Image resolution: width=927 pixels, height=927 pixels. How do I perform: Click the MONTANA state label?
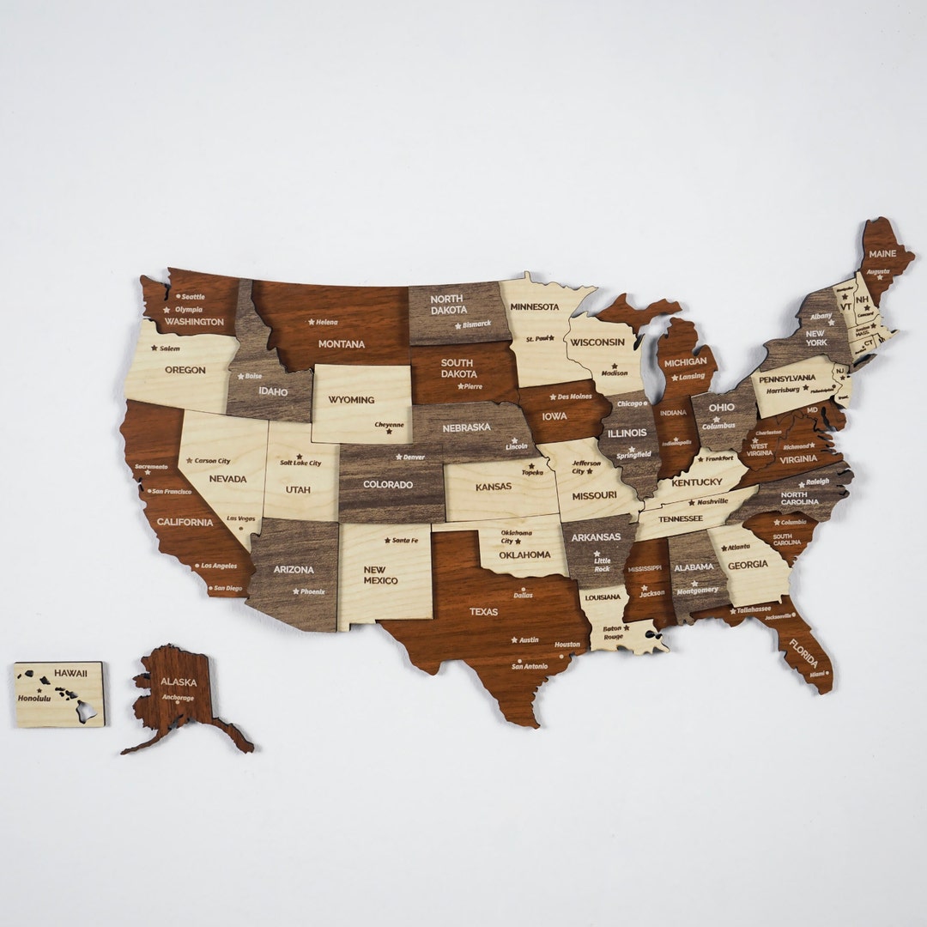[x=341, y=344]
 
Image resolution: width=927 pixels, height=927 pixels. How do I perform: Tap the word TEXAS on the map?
[x=483, y=612]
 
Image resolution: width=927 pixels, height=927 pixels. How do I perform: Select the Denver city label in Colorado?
[x=414, y=457]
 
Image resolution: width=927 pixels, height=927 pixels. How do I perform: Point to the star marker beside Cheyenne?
[x=388, y=432]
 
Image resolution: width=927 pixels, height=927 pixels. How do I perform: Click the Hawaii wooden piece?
[x=58, y=694]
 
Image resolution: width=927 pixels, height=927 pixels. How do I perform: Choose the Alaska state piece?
[x=180, y=695]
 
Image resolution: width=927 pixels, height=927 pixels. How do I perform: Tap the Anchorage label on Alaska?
[x=178, y=698]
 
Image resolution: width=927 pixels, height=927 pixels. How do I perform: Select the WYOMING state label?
[x=352, y=400]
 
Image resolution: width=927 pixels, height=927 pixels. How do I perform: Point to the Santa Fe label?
[x=405, y=540]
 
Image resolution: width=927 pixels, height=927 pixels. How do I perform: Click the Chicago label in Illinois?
[x=629, y=403]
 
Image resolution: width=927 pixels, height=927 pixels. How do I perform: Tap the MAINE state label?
[x=882, y=254]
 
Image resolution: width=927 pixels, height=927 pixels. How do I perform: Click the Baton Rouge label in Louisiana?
[x=613, y=632]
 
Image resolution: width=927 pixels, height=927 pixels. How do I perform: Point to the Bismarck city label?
[x=476, y=324]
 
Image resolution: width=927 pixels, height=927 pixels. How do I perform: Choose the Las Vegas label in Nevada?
[x=241, y=518]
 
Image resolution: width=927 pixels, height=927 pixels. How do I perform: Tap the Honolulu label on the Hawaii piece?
[x=34, y=699]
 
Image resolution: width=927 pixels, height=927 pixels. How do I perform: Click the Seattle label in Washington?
[x=193, y=296]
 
